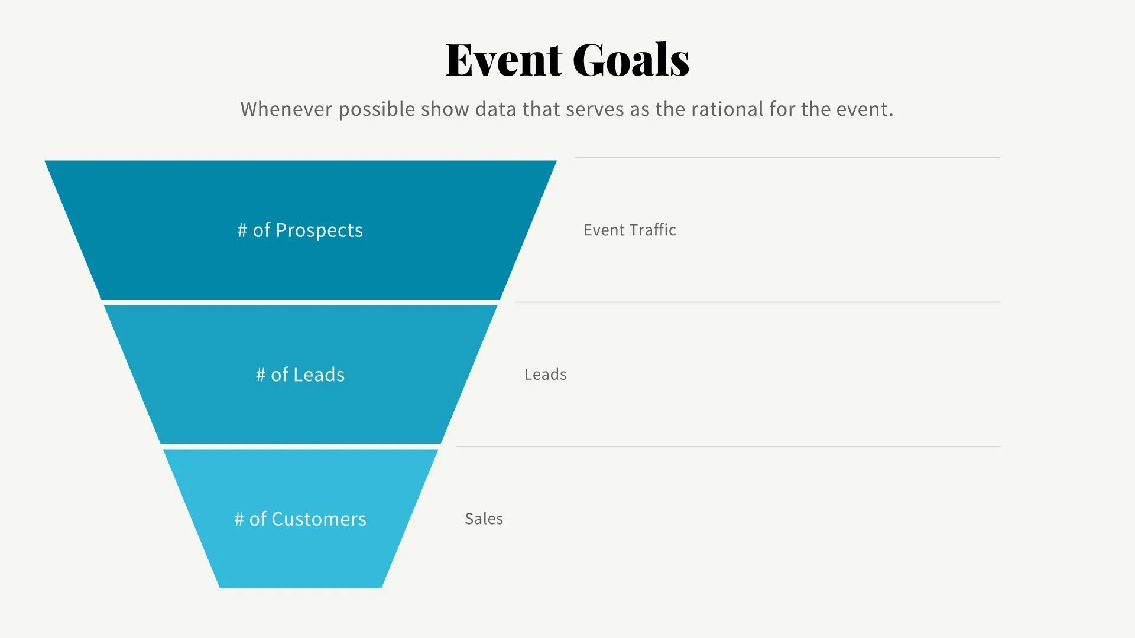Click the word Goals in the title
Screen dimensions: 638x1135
(631, 60)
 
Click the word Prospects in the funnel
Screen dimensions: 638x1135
(319, 230)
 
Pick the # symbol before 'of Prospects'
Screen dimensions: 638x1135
(242, 230)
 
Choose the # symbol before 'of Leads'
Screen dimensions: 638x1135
(261, 375)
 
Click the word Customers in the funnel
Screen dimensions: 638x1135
(319, 519)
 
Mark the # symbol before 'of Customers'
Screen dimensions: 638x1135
(239, 519)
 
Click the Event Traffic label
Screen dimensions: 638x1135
(630, 230)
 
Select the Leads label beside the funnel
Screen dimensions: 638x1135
(545, 375)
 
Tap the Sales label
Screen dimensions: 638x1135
(484, 519)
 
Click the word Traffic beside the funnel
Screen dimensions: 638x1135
(652, 230)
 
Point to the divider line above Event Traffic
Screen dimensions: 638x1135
(787, 158)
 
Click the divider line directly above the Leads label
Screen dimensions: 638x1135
(757, 302)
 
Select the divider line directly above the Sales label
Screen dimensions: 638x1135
(728, 447)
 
